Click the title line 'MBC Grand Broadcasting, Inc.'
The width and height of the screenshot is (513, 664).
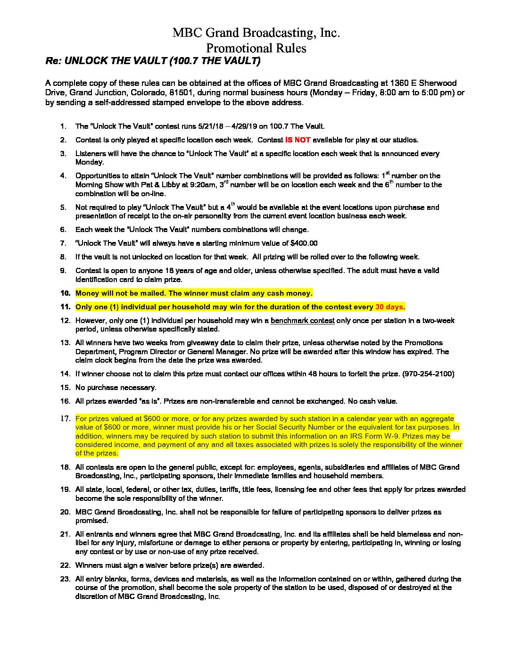256,33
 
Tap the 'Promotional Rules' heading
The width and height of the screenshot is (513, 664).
256,48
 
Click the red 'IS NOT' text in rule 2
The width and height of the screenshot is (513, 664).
298,140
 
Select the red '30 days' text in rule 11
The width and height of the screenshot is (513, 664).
389,307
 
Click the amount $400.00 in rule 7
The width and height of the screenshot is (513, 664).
304,243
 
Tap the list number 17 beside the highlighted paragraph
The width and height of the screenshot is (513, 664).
65,419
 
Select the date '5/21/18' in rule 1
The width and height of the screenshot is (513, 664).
212,126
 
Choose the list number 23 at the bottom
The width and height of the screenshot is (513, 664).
65,579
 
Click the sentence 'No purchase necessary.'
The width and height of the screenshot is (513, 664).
116,388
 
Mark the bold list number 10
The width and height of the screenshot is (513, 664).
65,293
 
